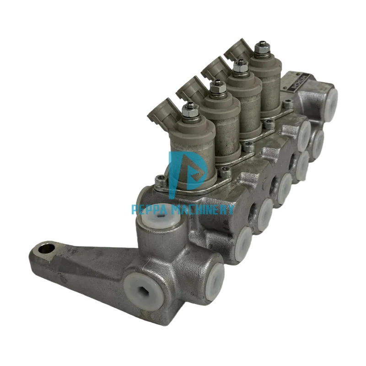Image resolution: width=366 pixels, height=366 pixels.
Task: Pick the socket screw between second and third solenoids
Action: (x=248, y=146)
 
